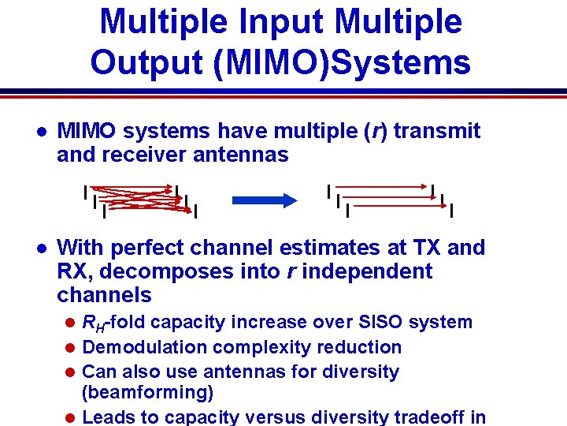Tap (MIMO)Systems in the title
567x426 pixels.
pos(343,62)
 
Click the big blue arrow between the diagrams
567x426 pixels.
pos(258,200)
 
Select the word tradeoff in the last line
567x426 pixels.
pos(430,417)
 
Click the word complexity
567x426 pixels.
pos(258,347)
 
